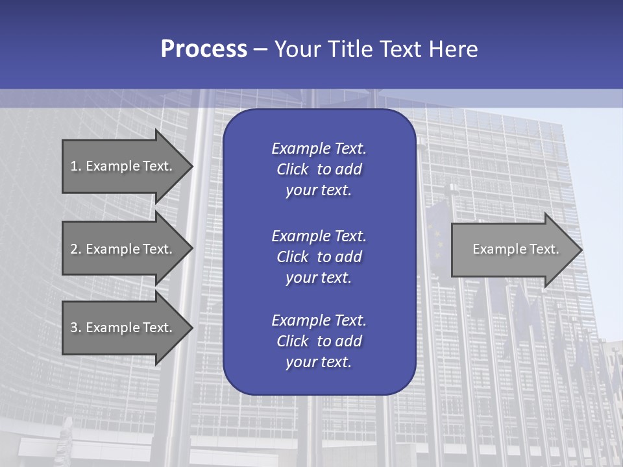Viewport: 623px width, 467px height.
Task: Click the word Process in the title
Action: coord(204,49)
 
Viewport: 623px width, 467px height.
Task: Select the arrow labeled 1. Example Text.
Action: coord(121,166)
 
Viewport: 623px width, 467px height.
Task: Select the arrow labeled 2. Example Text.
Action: coord(121,249)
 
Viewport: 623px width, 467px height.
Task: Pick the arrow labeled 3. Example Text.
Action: coord(121,328)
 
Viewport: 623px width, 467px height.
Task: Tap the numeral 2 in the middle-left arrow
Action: coord(74,249)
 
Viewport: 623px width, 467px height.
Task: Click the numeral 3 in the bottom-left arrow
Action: coord(74,328)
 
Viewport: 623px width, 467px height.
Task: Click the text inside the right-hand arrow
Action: coord(515,249)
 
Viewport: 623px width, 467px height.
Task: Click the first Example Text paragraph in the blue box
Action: coord(319,169)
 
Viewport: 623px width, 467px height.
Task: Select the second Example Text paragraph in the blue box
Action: coord(319,257)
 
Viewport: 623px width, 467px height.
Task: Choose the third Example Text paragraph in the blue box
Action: coord(319,341)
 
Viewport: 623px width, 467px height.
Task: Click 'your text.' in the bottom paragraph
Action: coord(319,363)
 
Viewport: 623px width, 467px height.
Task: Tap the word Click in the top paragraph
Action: coord(293,169)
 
